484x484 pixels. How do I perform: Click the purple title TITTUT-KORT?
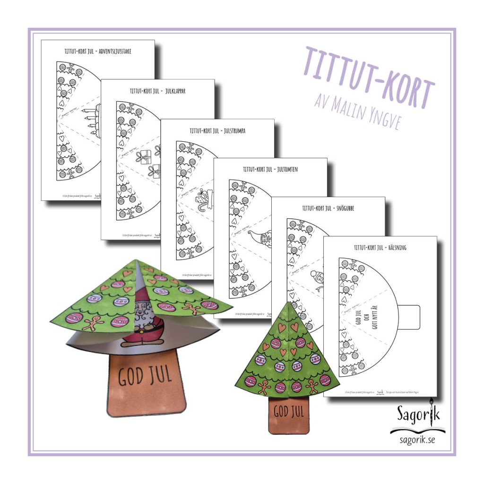point(369,78)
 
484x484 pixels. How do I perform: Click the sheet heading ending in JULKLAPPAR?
point(158,91)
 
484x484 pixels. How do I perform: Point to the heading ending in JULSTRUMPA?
point(217,130)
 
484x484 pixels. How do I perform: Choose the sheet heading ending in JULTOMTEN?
point(271,169)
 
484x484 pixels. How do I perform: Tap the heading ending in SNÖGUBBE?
point(328,208)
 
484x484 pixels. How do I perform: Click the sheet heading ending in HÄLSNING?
point(380,247)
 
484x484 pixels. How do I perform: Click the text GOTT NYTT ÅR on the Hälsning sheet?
point(381,319)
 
